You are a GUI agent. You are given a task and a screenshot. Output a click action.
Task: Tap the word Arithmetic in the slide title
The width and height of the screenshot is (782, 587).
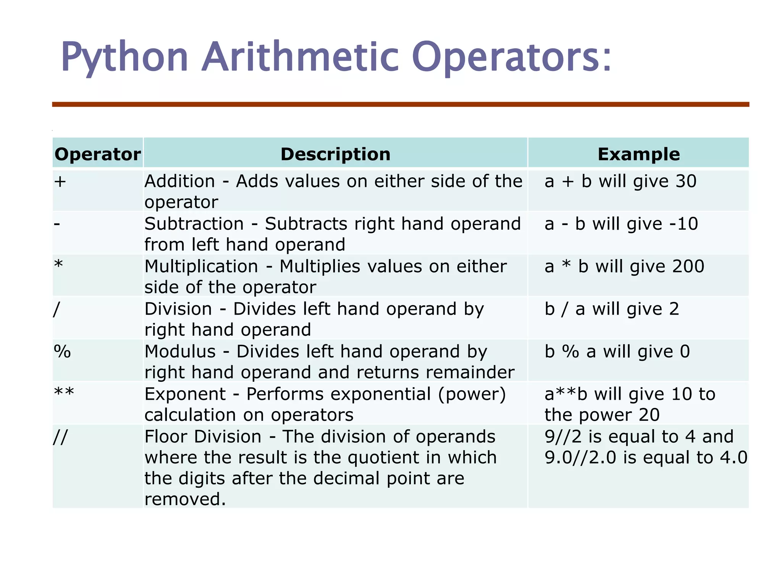pos(301,57)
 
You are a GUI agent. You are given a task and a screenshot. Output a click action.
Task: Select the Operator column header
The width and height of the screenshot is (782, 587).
pos(98,154)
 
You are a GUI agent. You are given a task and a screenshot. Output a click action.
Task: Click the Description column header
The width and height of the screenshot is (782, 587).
pos(335,154)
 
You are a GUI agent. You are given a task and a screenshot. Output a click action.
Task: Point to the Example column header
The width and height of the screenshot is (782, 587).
pos(638,154)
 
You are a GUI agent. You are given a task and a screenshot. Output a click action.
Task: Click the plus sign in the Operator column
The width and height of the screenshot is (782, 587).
pos(60,182)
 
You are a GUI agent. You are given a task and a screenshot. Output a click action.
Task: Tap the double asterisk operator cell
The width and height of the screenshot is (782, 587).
pos(64,393)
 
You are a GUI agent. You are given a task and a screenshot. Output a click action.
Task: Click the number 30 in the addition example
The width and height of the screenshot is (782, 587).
pos(686,182)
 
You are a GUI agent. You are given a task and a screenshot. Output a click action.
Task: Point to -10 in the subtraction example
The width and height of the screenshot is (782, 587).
pos(683,224)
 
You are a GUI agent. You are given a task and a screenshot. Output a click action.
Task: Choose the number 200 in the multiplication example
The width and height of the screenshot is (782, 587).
pos(688,266)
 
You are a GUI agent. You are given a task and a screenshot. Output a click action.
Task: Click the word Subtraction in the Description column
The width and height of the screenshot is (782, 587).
pos(194,224)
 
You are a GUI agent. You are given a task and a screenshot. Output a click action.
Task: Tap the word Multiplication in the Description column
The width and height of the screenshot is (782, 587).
pos(201,266)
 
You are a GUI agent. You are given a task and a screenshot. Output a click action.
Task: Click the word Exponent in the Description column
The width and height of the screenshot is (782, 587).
pos(185,394)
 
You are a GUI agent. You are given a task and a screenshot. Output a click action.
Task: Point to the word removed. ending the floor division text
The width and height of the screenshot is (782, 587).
pos(185,499)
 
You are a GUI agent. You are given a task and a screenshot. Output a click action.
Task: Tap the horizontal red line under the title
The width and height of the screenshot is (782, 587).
pos(400,104)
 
